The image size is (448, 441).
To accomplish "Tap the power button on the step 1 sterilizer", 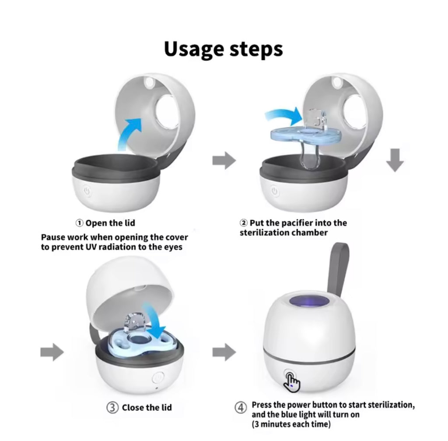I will click(87, 191).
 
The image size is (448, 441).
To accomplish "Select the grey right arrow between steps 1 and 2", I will click(224, 161).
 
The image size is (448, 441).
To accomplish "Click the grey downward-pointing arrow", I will click(395, 161).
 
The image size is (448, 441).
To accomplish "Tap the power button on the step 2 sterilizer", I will click(274, 191).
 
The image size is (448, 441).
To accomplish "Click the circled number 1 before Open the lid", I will click(80, 223).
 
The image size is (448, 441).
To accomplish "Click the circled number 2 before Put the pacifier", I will click(244, 223).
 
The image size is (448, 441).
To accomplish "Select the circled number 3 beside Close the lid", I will click(112, 408).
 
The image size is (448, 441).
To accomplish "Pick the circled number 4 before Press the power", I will click(241, 408).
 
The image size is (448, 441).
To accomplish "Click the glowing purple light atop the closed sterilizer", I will click(305, 303).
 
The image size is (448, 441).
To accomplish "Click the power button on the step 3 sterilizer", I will click(157, 378).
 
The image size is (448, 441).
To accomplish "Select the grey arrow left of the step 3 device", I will click(52, 352).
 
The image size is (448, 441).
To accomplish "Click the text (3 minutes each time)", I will click(291, 424).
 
